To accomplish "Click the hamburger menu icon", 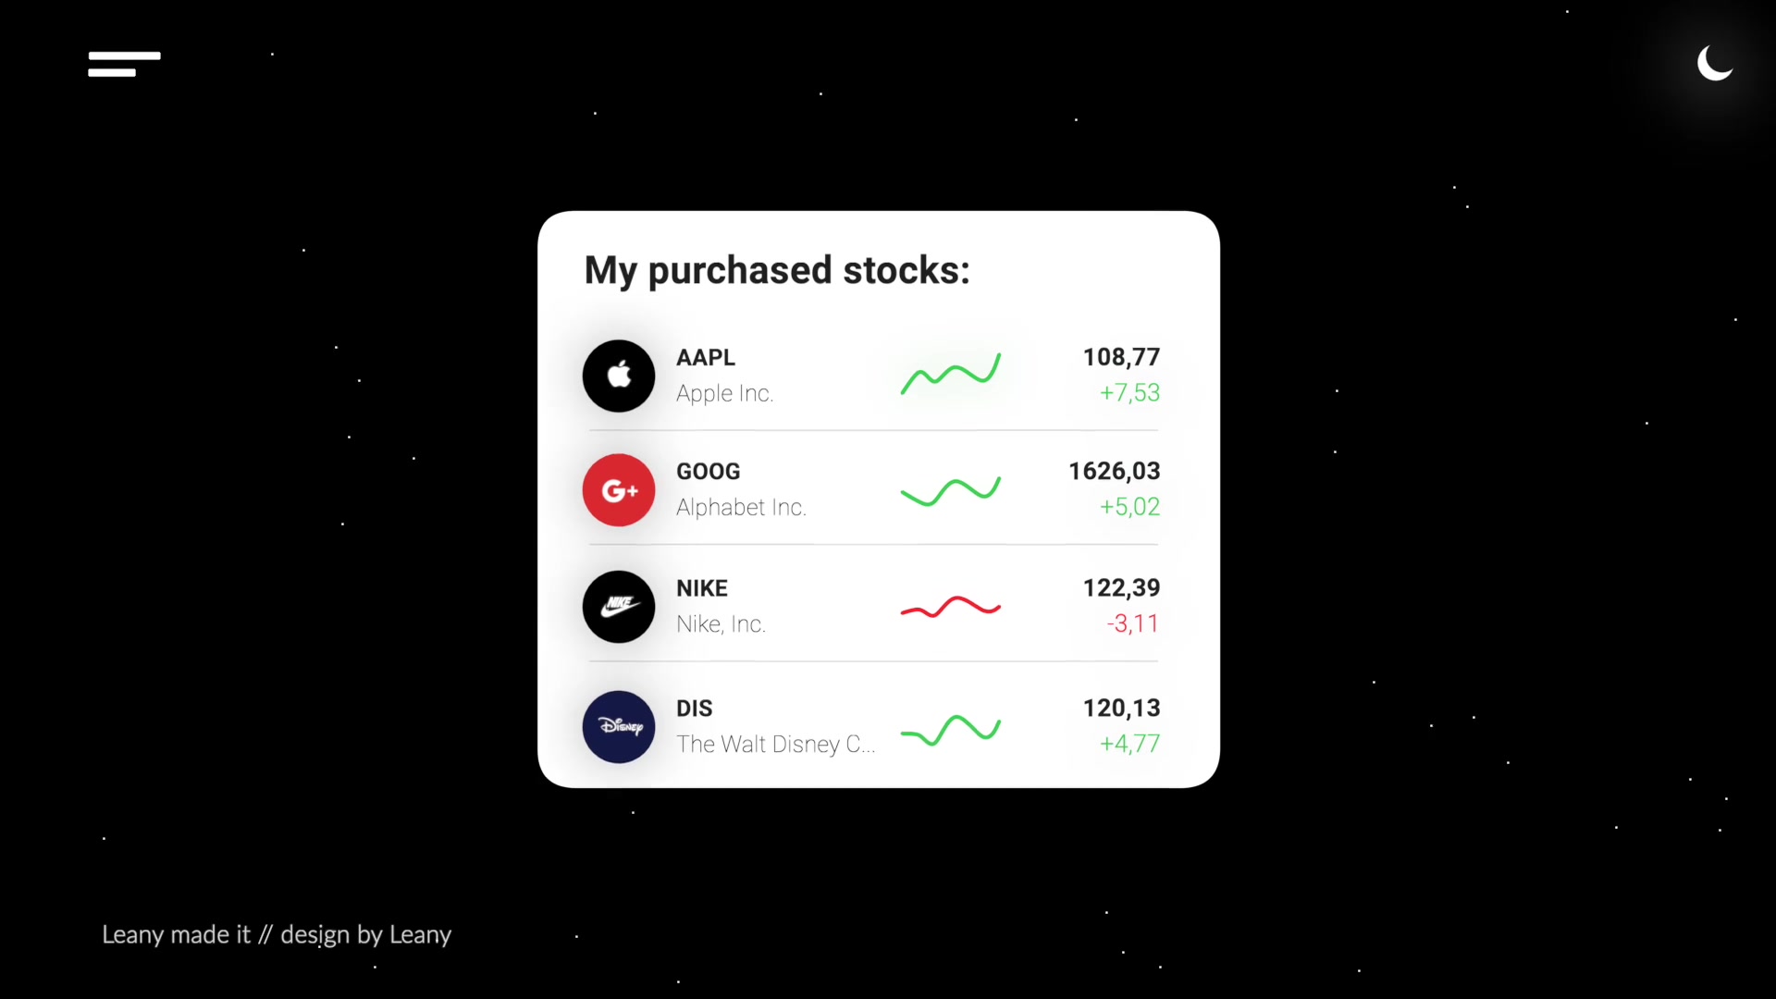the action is pyautogui.click(x=124, y=64).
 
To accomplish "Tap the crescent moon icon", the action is pyautogui.click(x=1713, y=64).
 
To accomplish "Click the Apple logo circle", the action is pyautogui.click(x=619, y=376).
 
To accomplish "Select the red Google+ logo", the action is pyautogui.click(x=619, y=490).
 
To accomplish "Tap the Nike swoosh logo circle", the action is pyautogui.click(x=619, y=607).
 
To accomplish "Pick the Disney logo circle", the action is pyautogui.click(x=619, y=727).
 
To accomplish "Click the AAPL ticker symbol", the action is pyautogui.click(x=706, y=357).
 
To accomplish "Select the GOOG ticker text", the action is pyautogui.click(x=709, y=471).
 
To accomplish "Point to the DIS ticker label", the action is pyautogui.click(x=695, y=709).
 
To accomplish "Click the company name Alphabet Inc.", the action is pyautogui.click(x=741, y=507).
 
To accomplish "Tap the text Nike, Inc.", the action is pyautogui.click(x=721, y=624).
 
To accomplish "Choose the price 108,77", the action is pyautogui.click(x=1121, y=357).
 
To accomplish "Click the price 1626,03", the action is pyautogui.click(x=1114, y=471).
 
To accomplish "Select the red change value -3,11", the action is pyautogui.click(x=1132, y=623).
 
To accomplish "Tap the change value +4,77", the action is pyautogui.click(x=1129, y=744).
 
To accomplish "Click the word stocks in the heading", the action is pyautogui.click(x=906, y=270).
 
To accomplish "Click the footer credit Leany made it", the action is pyautogui.click(x=176, y=935).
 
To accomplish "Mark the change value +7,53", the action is pyautogui.click(x=1129, y=392).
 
